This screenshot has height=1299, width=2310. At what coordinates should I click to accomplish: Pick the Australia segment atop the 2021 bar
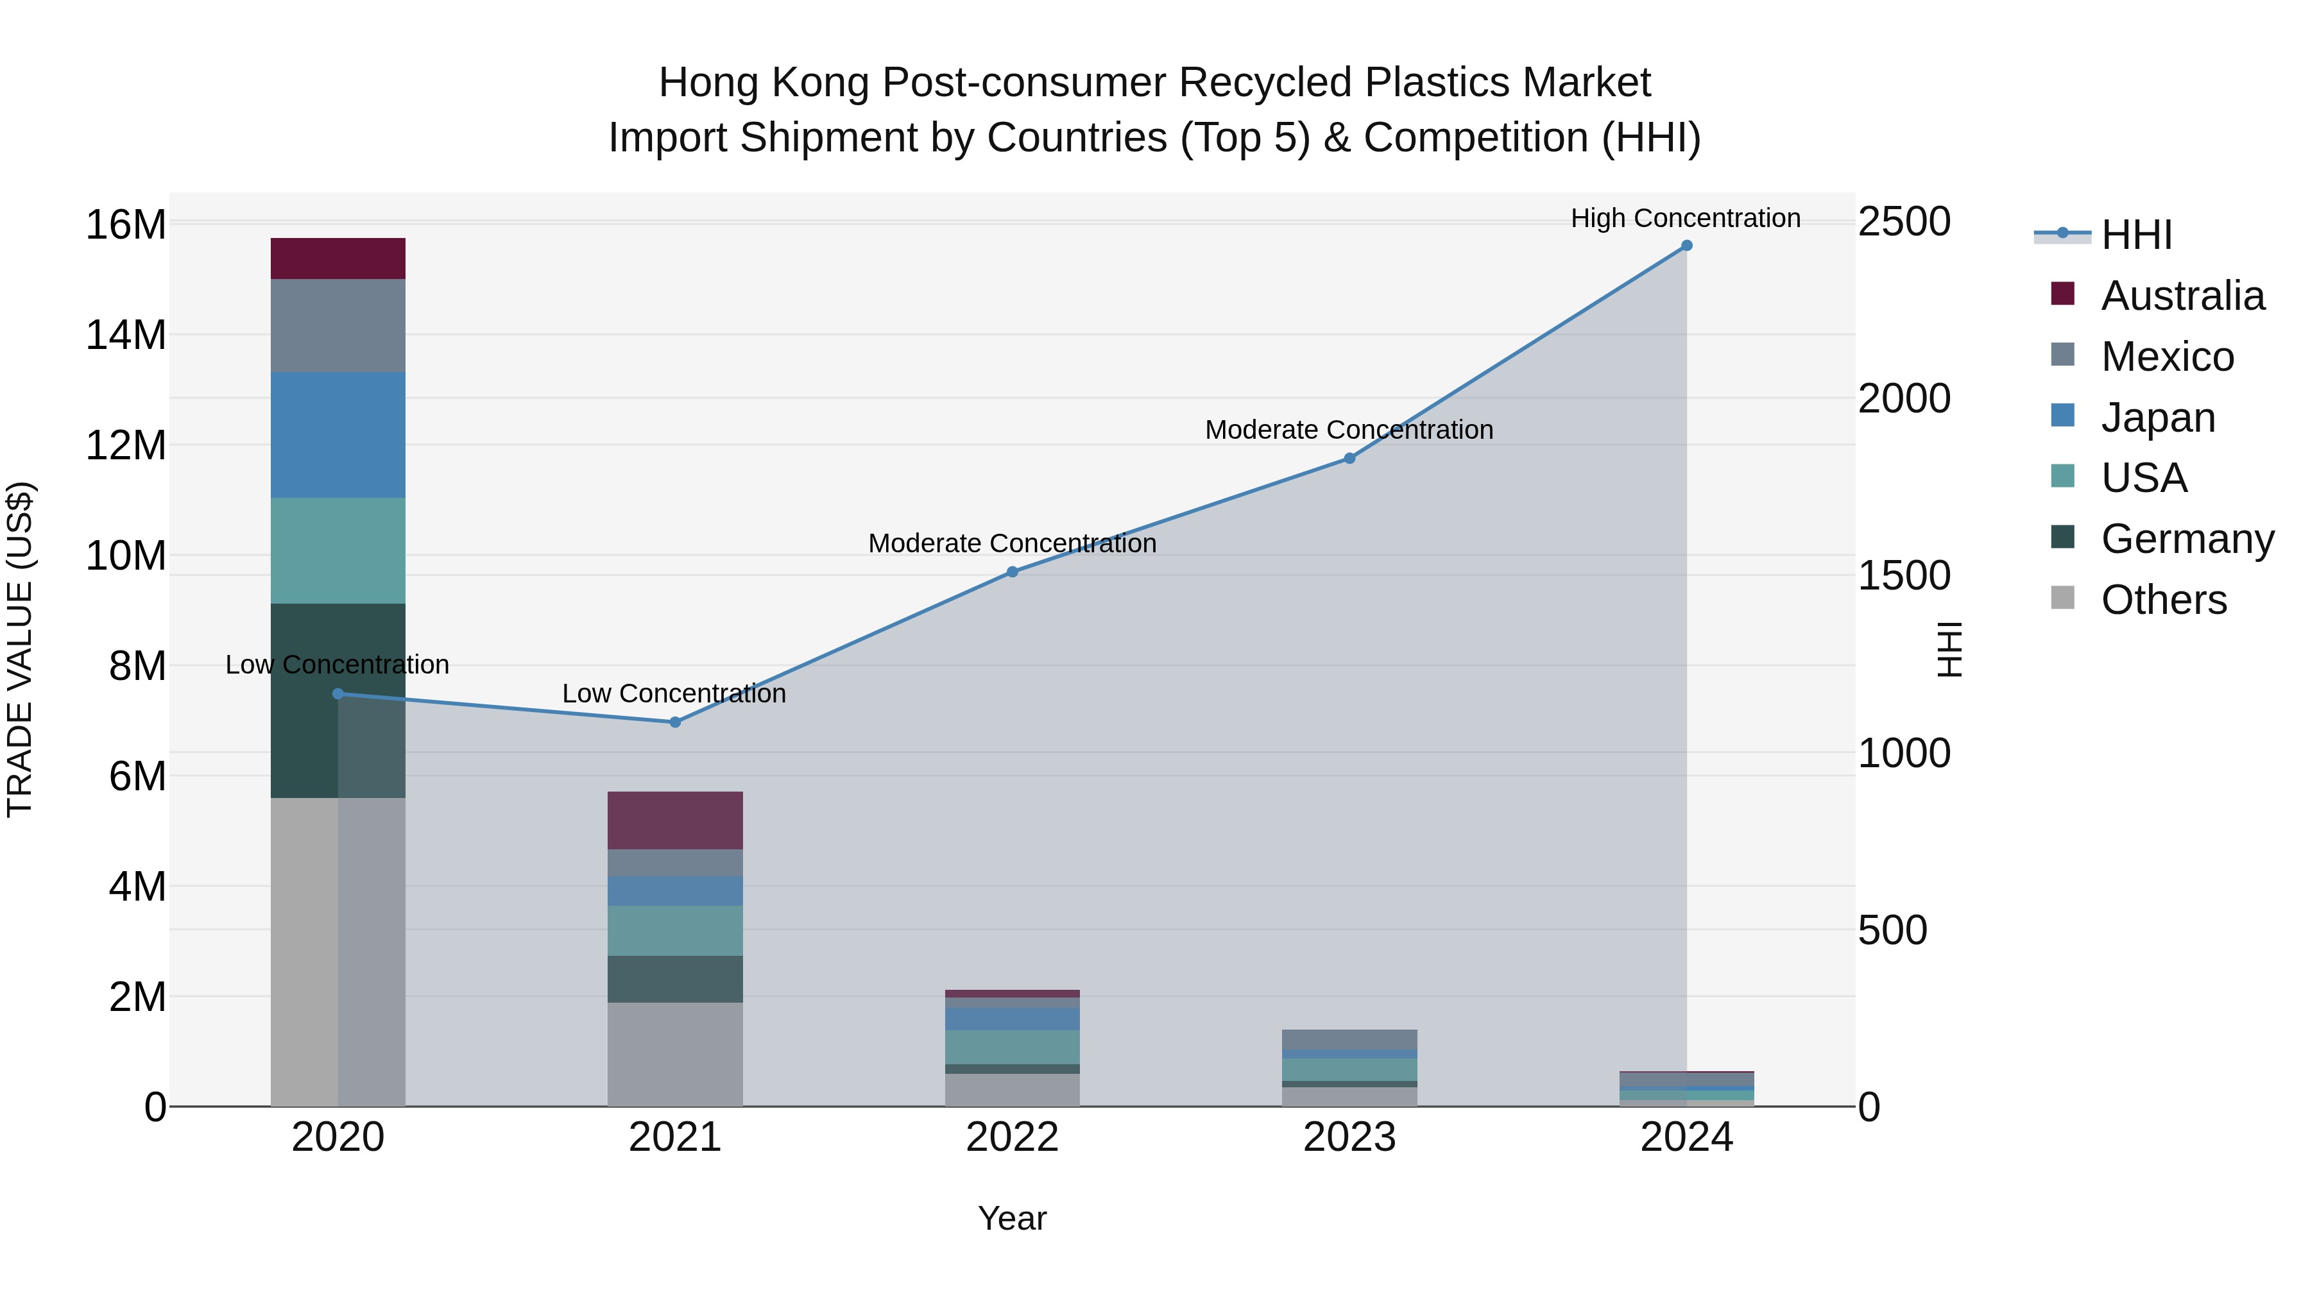(674, 820)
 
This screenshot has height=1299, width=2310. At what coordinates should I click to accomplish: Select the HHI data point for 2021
(675, 722)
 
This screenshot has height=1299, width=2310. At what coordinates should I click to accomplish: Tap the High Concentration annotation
(1685, 218)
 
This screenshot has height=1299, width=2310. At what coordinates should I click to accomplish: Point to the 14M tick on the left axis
(126, 335)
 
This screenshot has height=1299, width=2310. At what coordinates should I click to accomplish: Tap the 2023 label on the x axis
(1349, 1137)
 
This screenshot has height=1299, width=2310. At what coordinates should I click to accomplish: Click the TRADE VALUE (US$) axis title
(20, 649)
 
